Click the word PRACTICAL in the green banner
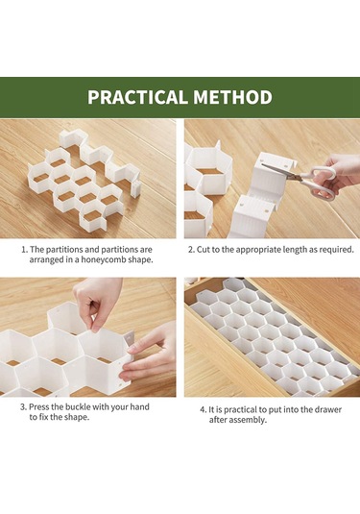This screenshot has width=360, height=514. pos(138,97)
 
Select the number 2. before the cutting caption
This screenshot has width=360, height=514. pos(191,250)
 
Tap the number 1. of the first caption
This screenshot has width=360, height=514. pos(25,250)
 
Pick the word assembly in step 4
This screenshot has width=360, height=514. pos(250,420)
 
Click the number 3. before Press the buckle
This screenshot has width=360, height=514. pos(24,407)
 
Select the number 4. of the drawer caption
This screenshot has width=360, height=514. pos(204,410)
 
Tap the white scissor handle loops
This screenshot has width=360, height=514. pos(321,183)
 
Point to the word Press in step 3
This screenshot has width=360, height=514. pos(38,407)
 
